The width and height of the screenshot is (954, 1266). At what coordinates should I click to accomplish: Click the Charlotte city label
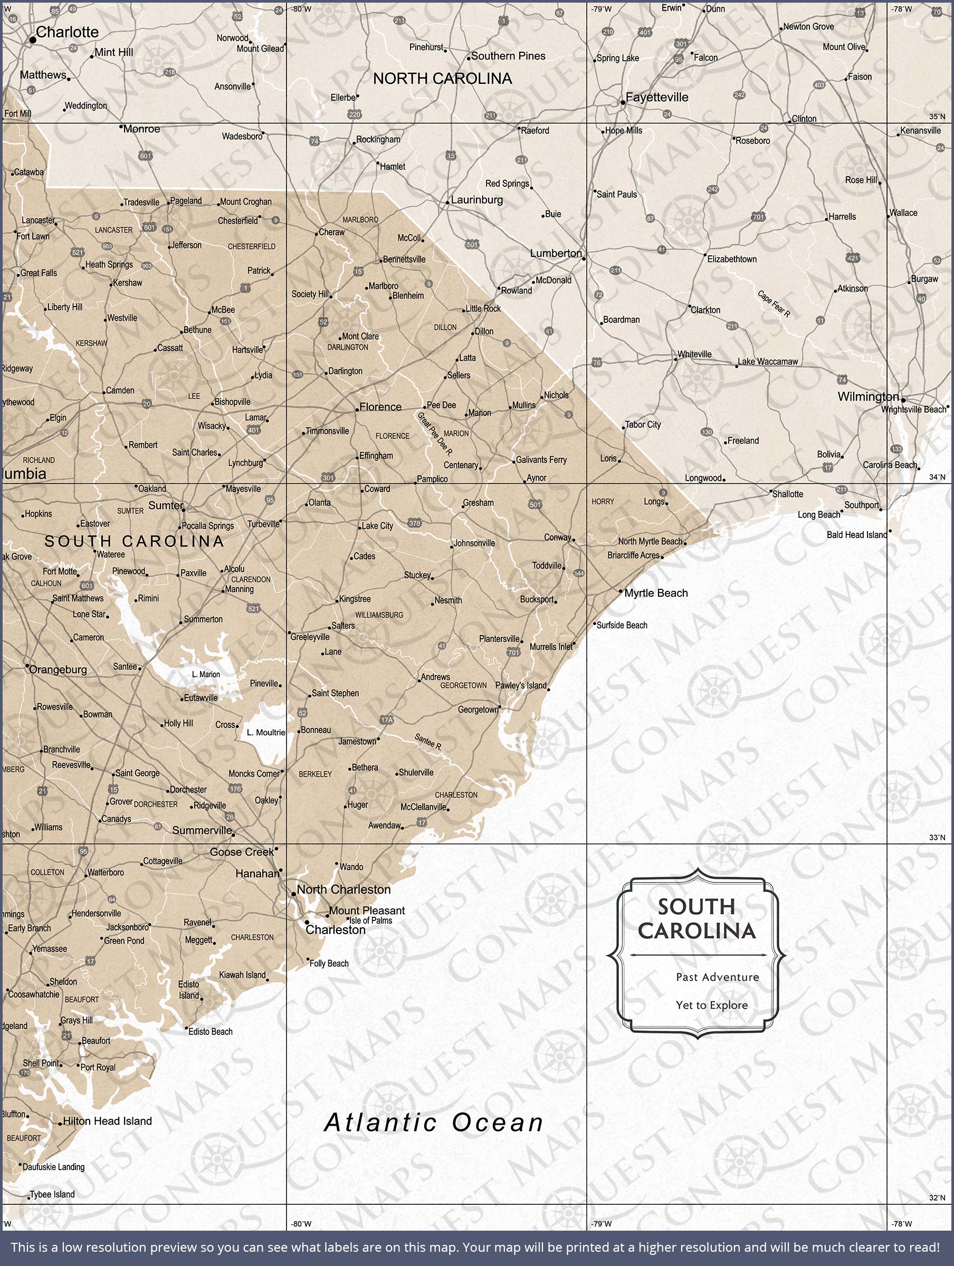(x=67, y=32)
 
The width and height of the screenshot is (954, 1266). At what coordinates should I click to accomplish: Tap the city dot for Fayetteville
(x=623, y=103)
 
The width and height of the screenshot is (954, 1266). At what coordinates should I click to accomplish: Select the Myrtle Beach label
(x=656, y=593)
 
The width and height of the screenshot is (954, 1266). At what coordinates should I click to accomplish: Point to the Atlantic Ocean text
(x=434, y=1123)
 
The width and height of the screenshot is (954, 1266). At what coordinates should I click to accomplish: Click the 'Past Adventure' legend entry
(x=717, y=977)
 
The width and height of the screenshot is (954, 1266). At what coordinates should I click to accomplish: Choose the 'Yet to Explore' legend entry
(x=711, y=1005)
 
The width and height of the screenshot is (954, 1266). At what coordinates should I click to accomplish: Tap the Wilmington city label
(x=867, y=397)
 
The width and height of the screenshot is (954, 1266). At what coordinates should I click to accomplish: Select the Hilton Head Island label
(x=107, y=1121)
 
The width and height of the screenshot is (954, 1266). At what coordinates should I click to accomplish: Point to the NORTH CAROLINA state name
(x=442, y=79)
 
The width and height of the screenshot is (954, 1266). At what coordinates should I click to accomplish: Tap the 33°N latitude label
(x=937, y=837)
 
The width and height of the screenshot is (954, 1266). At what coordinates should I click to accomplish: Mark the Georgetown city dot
(x=500, y=708)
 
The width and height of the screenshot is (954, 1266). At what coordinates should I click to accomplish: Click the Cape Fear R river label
(x=774, y=303)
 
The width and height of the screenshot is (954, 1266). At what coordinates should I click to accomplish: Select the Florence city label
(x=380, y=407)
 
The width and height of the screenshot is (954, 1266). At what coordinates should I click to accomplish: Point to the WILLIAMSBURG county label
(x=379, y=615)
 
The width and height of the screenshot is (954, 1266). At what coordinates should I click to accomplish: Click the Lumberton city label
(x=556, y=253)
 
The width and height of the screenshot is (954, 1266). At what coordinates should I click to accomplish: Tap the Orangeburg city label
(x=58, y=669)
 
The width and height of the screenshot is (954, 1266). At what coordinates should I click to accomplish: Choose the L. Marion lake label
(x=206, y=674)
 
